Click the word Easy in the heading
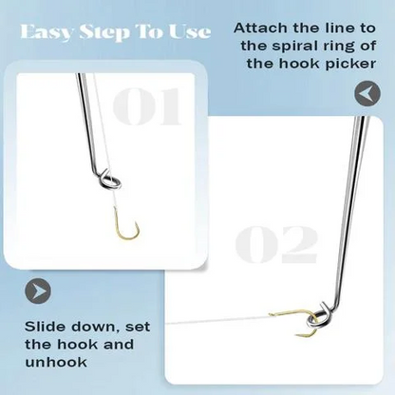point(48,31)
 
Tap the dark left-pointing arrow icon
point(366,93)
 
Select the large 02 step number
point(276,244)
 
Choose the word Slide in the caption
point(43,328)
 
